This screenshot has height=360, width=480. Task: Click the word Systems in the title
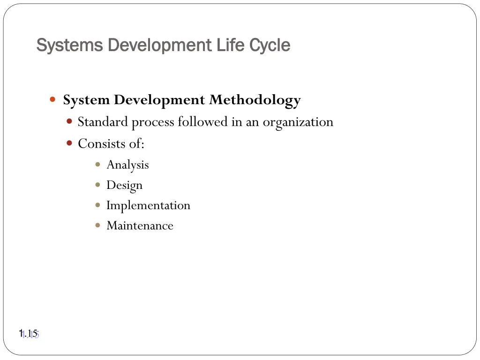pos(69,45)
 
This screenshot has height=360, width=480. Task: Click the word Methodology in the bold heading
pos(255,100)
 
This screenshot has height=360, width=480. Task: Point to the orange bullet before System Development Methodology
pos(53,100)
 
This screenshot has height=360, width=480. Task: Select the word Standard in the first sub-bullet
pos(103,122)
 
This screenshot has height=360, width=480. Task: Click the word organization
pos(298,122)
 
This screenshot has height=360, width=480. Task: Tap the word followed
pos(202,122)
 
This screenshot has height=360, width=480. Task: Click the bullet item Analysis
pos(127,165)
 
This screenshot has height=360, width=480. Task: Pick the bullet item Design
pos(124,185)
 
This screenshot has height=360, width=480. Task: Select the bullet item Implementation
pos(148,205)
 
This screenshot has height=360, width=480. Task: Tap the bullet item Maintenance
pos(140,225)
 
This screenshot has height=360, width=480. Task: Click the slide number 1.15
pos(28,334)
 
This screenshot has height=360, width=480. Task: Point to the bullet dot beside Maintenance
pos(97,225)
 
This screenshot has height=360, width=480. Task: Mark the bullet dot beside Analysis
pos(97,165)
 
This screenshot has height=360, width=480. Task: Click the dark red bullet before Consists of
pos(69,143)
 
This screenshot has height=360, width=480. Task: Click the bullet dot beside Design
pos(97,185)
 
